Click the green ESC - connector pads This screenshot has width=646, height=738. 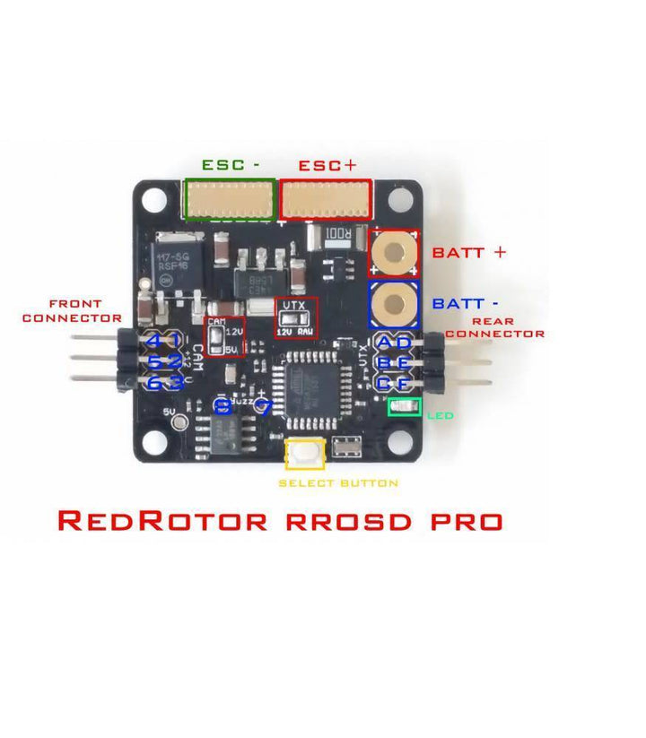click(229, 198)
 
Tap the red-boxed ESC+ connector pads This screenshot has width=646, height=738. click(326, 198)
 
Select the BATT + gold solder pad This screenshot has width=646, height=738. click(394, 254)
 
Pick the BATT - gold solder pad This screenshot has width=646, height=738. click(394, 304)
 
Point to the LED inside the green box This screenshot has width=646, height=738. click(404, 408)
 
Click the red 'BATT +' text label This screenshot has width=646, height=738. click(469, 252)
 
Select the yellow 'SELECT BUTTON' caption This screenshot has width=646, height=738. click(338, 483)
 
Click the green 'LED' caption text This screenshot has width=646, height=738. click(440, 416)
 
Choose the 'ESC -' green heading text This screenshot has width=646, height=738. click(231, 165)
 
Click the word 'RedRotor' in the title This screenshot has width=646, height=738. click(162, 520)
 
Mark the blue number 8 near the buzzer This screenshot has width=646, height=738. click(223, 407)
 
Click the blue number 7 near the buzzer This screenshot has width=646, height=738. click(263, 407)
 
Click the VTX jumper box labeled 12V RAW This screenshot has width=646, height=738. click(295, 318)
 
